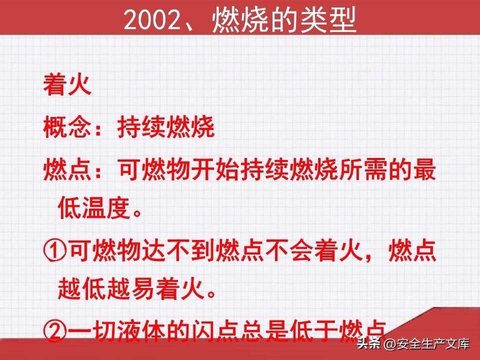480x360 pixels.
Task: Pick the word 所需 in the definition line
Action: point(363,169)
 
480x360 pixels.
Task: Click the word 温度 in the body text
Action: point(106,208)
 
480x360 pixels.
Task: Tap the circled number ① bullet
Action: point(55,251)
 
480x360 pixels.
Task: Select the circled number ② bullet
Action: point(55,331)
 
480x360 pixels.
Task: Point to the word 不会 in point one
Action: point(289,250)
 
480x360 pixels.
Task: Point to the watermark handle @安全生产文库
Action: point(426,344)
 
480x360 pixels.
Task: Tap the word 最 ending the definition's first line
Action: point(424,169)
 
